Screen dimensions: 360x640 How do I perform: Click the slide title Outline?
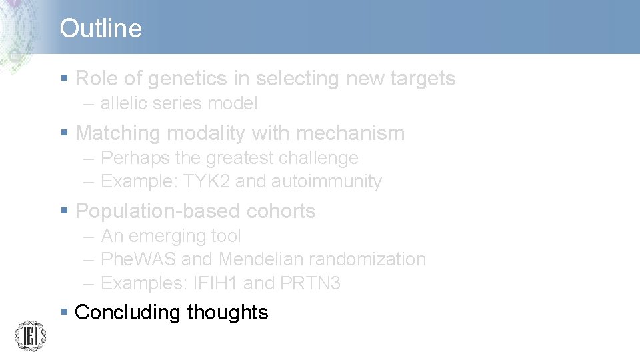pyautogui.click(x=101, y=29)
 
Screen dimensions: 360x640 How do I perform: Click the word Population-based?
pyautogui.click(x=159, y=211)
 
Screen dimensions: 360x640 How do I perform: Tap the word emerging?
pyautogui.click(x=165, y=237)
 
